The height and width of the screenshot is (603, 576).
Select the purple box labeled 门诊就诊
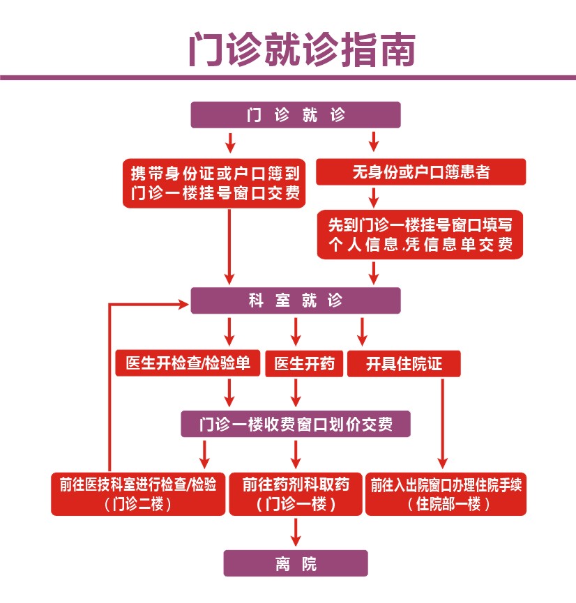(296, 115)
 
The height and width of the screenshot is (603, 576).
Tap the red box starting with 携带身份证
(215, 183)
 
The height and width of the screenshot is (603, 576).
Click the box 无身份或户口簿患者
(420, 172)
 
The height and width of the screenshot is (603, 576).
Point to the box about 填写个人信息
(420, 235)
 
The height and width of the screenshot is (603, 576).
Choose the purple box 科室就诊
(296, 300)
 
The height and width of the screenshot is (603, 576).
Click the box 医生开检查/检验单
(188, 363)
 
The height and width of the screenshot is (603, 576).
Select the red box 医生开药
(304, 363)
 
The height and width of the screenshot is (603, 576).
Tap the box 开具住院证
(404, 363)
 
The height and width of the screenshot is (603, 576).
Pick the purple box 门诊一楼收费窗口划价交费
(296, 424)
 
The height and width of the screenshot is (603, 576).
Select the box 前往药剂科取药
(296, 494)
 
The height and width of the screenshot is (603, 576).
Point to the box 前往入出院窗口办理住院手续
(446, 494)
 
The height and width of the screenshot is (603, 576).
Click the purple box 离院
(296, 563)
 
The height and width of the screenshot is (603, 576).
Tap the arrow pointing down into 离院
(296, 533)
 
